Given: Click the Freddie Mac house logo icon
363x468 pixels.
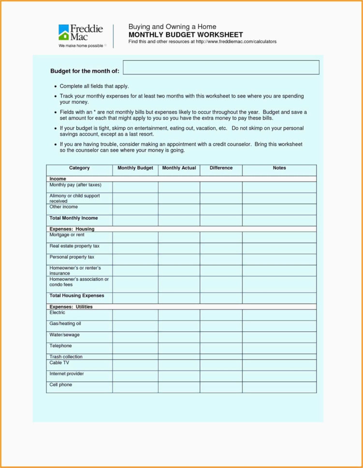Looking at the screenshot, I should coord(64,32).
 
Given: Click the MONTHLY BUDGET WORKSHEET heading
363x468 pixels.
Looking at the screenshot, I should coord(186,35).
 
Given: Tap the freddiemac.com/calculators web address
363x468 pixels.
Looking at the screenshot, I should coord(235,42).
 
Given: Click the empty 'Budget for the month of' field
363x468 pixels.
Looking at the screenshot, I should coord(221,68).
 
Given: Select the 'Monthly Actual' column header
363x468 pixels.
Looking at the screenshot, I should coord(179,168).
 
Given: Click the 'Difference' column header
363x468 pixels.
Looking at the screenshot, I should coord(221,168).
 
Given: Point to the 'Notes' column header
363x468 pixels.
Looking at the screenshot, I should coord(279,168).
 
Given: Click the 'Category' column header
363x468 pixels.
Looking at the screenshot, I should coord(79,168).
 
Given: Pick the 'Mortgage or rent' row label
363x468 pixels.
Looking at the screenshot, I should coord(67,235).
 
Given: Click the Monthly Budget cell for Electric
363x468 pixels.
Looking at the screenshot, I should coord(135,315).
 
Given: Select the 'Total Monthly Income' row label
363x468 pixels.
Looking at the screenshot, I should coord(73,218).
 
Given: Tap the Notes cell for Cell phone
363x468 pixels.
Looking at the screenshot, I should coord(279,387).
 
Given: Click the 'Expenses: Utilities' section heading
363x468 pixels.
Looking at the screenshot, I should coord(71,307).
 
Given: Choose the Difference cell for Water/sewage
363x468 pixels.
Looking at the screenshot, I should coord(221,337).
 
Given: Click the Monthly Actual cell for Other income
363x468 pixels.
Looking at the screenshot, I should coord(179,209).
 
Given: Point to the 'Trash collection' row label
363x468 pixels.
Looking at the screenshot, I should coord(66,357).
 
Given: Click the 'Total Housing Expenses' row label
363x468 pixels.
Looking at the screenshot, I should coord(76,296).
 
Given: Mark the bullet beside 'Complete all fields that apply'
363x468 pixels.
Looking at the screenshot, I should coord(56,86).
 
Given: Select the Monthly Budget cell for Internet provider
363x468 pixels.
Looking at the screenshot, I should coord(135,376).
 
